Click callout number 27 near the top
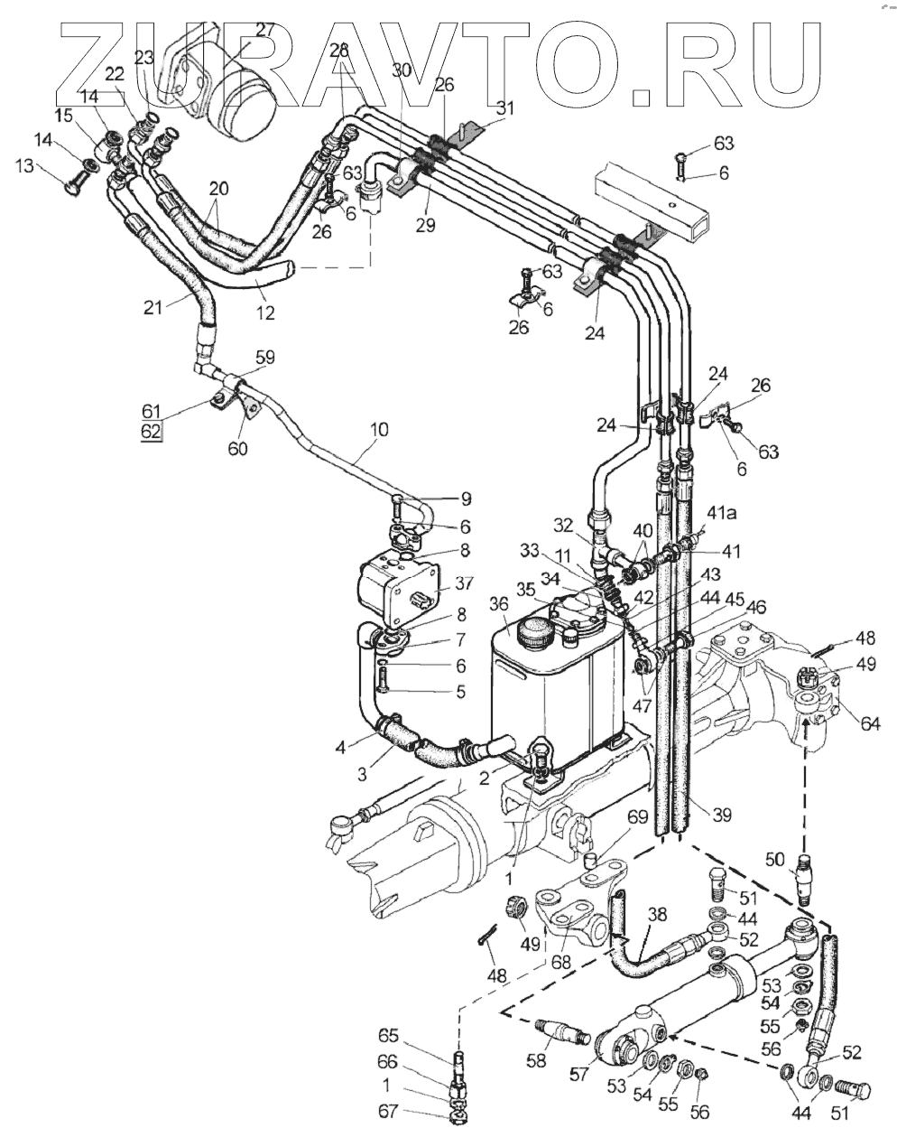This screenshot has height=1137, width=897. pos(264,29)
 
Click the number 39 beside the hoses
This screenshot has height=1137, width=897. pos(721,815)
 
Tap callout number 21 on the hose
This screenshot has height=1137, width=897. pos(154,307)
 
